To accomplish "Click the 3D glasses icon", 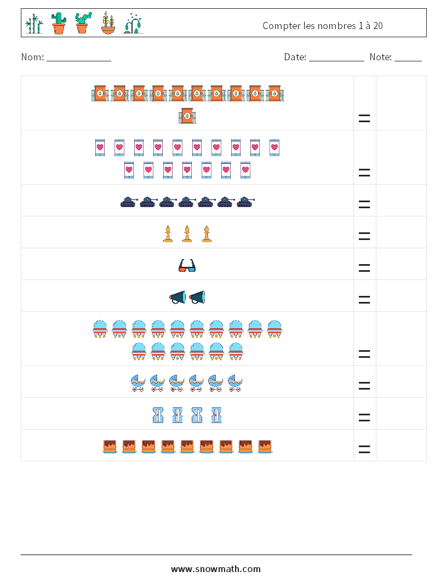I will pos(187,266).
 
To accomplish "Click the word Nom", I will pos(31,57).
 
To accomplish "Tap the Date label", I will pos(294,57).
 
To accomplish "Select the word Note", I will pos(380,57).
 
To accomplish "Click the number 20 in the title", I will pos(377,26).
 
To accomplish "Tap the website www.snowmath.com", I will pos(216,569).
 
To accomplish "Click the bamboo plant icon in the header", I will pos(34,24).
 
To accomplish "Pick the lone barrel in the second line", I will pos(187,116).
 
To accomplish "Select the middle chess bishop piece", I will pos(187,234).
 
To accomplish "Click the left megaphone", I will pos(178,298).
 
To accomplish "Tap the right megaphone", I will pos(197,298).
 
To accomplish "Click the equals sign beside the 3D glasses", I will pos(364,268).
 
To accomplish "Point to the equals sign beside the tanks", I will pos(364,204).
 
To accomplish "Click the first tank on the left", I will pos(128,202).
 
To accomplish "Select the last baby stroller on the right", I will pos(235,383).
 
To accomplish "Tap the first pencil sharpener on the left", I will pos(158,415).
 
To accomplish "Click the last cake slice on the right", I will pos(265,446).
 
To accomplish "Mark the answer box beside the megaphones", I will pos(401,296).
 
